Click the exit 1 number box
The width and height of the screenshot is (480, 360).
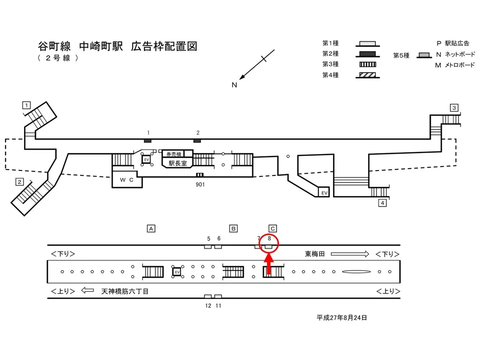[x=26, y=105]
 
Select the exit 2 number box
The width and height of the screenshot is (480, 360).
[x=19, y=181]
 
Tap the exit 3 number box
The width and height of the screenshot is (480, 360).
[x=453, y=107]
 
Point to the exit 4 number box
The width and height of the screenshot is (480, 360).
[x=382, y=203]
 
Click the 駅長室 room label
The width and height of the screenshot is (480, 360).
[x=177, y=163]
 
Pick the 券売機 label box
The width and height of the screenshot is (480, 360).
[x=173, y=154]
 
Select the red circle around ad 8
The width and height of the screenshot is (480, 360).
[x=269, y=243]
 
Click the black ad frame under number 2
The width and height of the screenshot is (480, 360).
[x=197, y=140]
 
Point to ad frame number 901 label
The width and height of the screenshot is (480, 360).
[x=200, y=184]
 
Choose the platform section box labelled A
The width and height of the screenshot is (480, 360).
[x=150, y=228]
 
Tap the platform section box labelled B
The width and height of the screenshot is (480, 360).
[x=233, y=228]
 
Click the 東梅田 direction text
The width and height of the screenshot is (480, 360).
[x=315, y=254]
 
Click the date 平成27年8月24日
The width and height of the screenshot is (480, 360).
[x=342, y=317]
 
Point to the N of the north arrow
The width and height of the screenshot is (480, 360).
[x=233, y=85]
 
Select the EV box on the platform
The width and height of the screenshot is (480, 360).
[x=176, y=271]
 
